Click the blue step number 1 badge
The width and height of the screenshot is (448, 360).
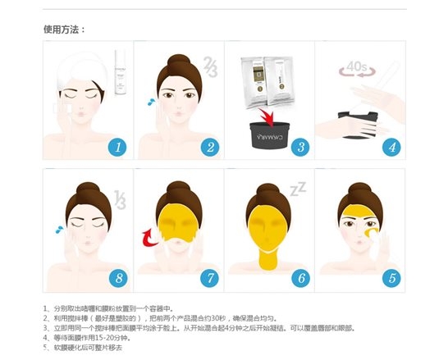click(117, 148)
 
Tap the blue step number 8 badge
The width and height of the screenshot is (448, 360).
click(117, 278)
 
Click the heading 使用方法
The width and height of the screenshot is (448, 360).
click(65, 30)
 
